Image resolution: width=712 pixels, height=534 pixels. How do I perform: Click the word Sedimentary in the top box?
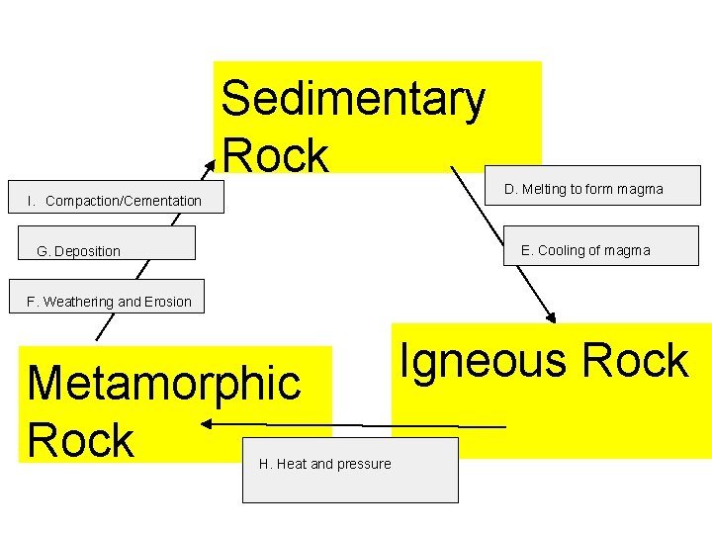(353, 99)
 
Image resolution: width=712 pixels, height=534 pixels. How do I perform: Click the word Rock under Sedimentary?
(275, 155)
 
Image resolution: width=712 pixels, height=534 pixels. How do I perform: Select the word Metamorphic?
(164, 383)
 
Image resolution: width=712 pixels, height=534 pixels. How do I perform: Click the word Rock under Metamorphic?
(80, 440)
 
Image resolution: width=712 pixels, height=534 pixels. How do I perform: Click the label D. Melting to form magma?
(583, 189)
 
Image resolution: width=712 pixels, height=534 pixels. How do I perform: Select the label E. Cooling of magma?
(585, 250)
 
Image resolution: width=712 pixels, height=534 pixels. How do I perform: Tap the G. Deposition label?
(78, 251)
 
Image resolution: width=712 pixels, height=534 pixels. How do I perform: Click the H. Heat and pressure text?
(324, 464)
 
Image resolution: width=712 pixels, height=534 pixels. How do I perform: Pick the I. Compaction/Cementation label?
(114, 201)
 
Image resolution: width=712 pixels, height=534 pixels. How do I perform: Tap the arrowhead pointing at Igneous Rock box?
(551, 317)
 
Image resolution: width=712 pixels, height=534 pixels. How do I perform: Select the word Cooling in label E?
(562, 250)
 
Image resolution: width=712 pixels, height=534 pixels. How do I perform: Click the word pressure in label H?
(365, 464)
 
